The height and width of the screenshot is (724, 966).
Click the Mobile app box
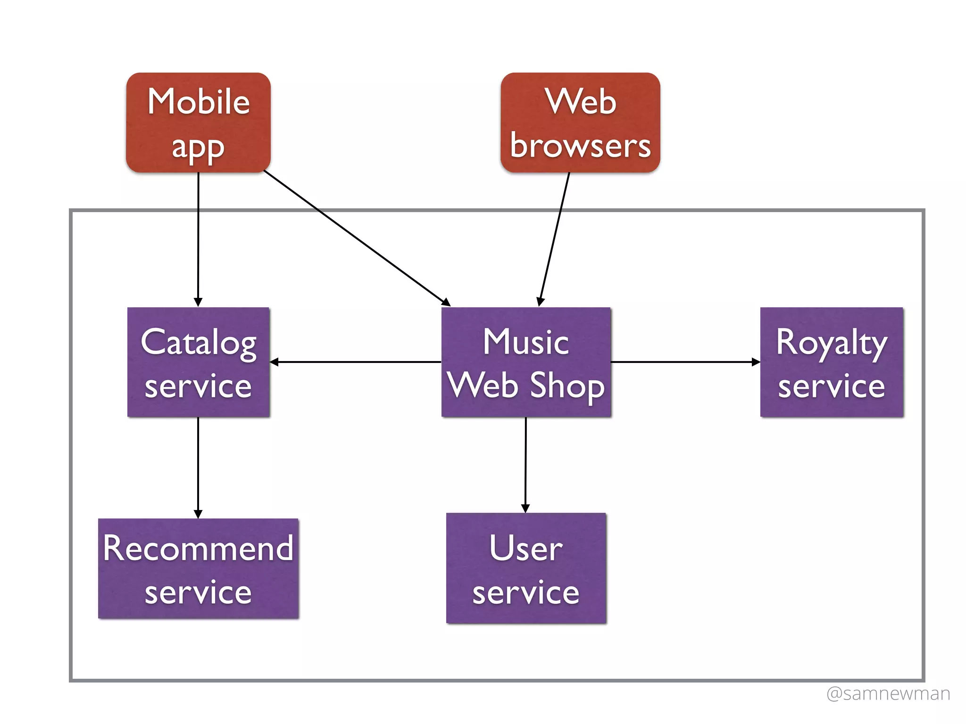coord(198,123)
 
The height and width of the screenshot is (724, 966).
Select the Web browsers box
coord(580,123)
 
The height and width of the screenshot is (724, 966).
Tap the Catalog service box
coord(198,362)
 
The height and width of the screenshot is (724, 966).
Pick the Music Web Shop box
coord(526,362)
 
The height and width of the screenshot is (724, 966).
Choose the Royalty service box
coord(832,362)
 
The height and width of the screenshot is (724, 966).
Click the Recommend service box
coord(198,568)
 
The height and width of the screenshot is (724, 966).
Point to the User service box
coord(526,568)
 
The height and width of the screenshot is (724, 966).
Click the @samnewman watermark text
coord(888,693)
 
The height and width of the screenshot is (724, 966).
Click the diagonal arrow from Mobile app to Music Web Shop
coord(356,238)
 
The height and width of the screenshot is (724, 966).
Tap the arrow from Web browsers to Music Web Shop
coord(555,238)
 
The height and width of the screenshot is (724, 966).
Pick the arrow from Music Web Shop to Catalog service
coord(356,362)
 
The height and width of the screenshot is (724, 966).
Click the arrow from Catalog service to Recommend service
coord(198,467)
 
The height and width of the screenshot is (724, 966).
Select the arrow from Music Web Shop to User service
coord(525,464)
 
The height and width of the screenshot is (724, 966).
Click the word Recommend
coord(198,548)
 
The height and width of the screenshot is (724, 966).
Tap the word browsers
coord(580,146)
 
